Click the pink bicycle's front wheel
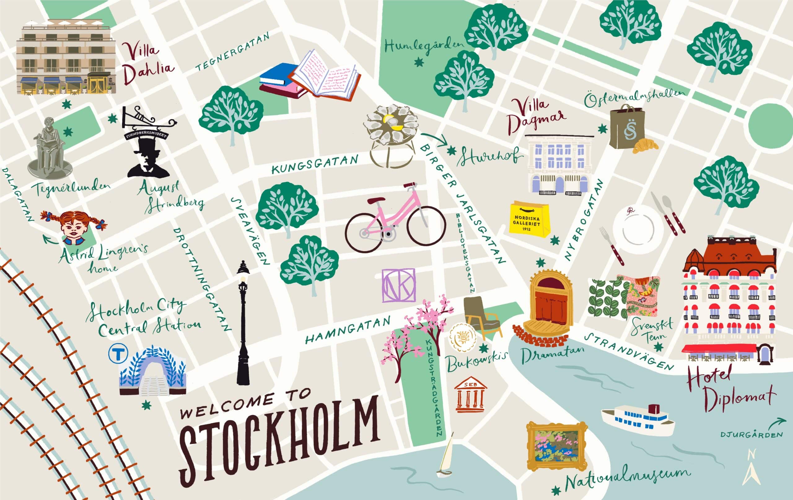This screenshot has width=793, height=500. click(426, 226)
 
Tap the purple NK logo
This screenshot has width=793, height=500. click(398, 285)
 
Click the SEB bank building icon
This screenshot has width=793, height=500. click(470, 394)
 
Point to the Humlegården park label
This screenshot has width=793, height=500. click(423, 46)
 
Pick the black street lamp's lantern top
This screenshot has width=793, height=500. click(243, 269)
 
